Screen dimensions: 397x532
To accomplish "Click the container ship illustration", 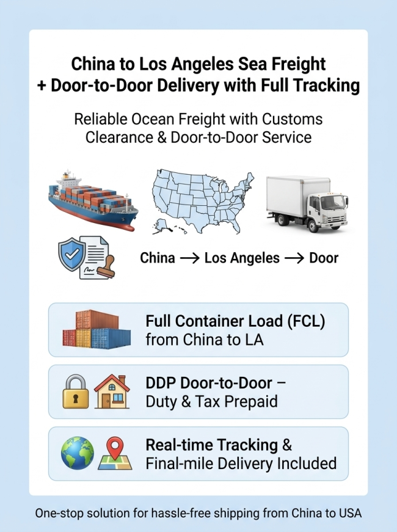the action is coord(93,200).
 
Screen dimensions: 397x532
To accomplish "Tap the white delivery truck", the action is coord(307,203).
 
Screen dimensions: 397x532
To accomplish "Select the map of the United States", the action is coord(203,202).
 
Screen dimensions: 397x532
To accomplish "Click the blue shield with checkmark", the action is coord(71,254).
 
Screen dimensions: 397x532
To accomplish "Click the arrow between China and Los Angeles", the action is coord(190,258).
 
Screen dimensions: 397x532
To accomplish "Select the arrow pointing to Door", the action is coord(294,258).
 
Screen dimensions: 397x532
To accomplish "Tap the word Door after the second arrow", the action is coord(324,258).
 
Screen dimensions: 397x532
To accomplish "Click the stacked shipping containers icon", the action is coord(97,329).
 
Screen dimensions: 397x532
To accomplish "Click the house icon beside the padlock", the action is coord(112,392).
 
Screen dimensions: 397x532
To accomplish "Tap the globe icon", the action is coord(78,453).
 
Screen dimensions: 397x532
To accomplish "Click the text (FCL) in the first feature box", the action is coord(306,321).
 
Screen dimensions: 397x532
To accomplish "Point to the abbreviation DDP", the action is coord(161,383).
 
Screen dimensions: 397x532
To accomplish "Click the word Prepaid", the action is coord(251,402).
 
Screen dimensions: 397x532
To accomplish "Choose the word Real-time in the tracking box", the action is coord(179,445).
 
